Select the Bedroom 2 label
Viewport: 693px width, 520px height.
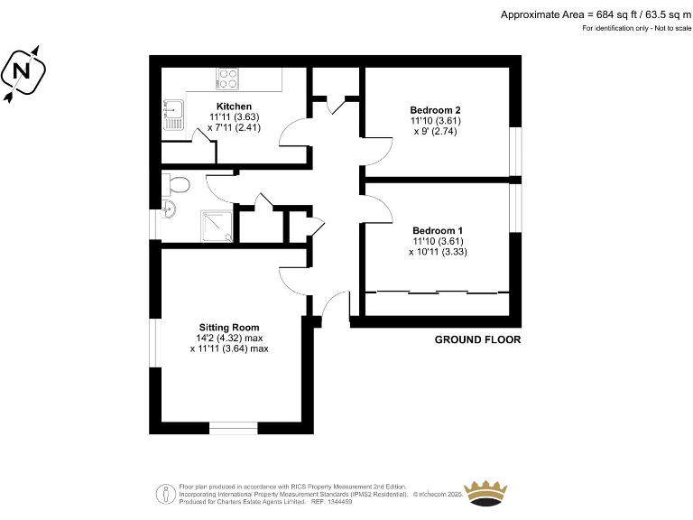pyautogui.click(x=436, y=110)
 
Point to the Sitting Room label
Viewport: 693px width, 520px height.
pyautogui.click(x=229, y=328)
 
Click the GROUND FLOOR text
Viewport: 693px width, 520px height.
pyautogui.click(x=477, y=340)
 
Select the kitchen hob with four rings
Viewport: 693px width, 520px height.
pyautogui.click(x=228, y=79)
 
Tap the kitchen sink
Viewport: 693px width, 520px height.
pyautogui.click(x=172, y=113)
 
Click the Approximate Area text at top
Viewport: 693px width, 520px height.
pyautogui.click(x=595, y=14)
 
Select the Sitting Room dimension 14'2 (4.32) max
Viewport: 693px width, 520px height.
pyautogui.click(x=229, y=338)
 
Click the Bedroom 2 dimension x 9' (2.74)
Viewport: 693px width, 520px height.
pyautogui.click(x=436, y=131)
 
